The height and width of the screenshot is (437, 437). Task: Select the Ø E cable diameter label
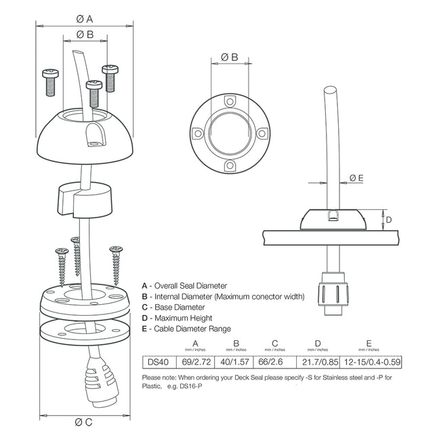356,178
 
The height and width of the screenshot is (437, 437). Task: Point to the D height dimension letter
389,219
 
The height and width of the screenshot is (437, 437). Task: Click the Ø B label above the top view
230,58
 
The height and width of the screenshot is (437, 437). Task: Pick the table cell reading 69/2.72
196,362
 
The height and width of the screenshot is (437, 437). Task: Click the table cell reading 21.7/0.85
318,362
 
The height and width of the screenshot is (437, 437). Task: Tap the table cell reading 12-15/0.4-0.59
369,362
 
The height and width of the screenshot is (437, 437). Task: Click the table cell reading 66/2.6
274,362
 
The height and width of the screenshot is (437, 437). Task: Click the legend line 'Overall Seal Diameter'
184,286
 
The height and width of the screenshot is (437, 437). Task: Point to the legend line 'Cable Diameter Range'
184,329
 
